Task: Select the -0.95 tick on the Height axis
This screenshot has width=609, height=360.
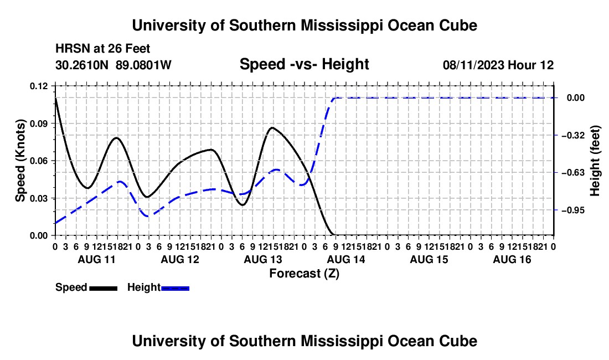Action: click(x=575, y=210)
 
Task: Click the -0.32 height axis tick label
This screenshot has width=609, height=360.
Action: click(x=575, y=135)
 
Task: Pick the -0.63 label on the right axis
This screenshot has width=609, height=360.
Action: click(x=575, y=172)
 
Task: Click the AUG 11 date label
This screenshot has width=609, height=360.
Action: click(x=97, y=259)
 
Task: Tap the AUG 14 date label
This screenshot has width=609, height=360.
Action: click(x=346, y=259)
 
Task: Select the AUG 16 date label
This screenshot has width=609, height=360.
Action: click(x=512, y=259)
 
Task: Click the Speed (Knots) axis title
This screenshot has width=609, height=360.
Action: click(x=20, y=161)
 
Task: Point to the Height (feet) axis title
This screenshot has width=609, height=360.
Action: click(x=595, y=161)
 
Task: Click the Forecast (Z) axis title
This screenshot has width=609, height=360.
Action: click(x=304, y=274)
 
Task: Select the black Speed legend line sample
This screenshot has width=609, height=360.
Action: click(x=104, y=288)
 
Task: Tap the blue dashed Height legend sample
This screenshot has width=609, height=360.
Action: click(x=175, y=288)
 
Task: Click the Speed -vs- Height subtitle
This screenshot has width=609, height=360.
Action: click(x=304, y=64)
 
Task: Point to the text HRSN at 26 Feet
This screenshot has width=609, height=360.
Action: click(x=102, y=49)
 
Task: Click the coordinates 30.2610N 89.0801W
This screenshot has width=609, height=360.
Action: click(x=113, y=65)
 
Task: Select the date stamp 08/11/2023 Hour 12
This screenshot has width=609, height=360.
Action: click(x=498, y=65)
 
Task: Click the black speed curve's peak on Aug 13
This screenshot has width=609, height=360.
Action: click(x=272, y=127)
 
